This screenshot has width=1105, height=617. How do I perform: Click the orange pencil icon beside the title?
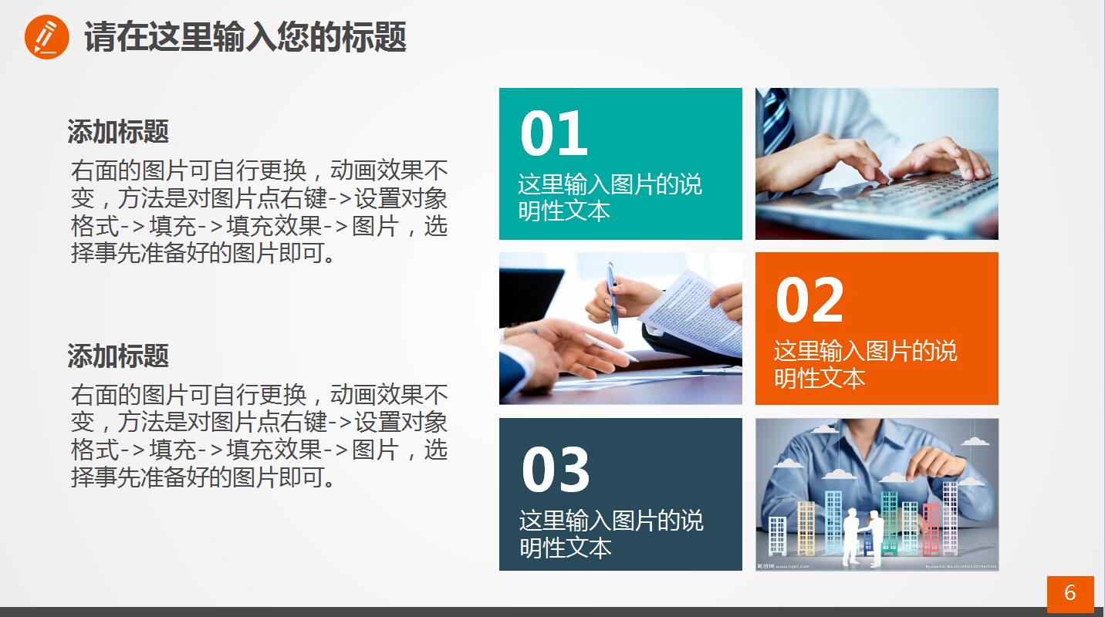tap(46, 37)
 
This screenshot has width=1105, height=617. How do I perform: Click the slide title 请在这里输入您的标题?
tap(245, 37)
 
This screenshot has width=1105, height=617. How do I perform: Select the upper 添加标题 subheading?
tap(117, 132)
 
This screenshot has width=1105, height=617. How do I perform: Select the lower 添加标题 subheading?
tap(117, 356)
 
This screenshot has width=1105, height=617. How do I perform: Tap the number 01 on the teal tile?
tap(554, 133)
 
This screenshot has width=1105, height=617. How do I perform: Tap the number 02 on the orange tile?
tap(809, 300)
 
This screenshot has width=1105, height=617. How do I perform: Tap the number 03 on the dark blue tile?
tap(556, 470)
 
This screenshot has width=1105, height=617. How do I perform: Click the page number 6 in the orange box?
tap(1070, 592)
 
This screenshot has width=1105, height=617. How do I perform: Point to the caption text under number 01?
tap(610, 197)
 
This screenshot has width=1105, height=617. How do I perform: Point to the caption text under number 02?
tap(865, 364)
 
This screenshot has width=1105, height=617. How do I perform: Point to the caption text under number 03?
tap(611, 534)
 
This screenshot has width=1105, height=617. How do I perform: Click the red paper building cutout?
tap(931, 528)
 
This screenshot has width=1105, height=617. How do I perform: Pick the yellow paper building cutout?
tap(806, 528)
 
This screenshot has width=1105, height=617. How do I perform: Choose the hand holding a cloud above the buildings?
tap(938, 460)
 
